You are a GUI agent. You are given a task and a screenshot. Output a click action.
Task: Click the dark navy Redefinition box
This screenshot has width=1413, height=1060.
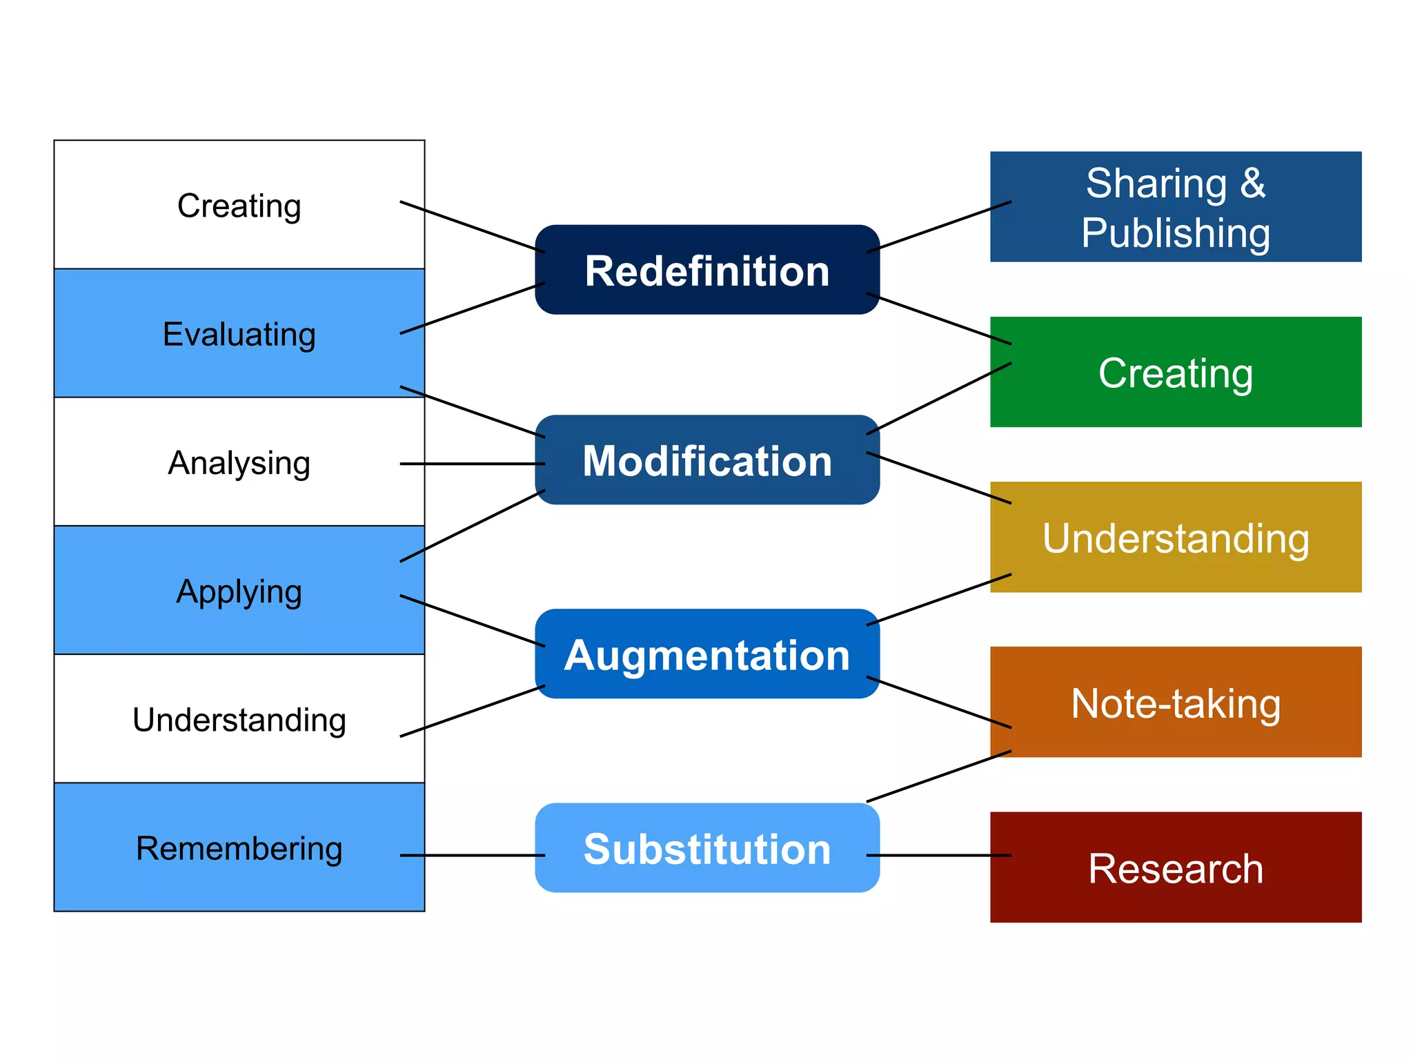[706, 270]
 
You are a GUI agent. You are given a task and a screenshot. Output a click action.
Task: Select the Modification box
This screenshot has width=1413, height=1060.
[706, 460]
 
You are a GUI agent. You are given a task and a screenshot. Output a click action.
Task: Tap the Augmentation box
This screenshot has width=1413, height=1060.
[706, 654]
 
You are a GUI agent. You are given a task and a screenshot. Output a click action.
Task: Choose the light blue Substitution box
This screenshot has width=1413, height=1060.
[706, 847]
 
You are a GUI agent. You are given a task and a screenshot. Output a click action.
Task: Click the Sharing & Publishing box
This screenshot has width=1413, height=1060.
[1175, 206]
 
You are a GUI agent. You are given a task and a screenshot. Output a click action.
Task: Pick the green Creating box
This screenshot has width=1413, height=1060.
[1175, 372]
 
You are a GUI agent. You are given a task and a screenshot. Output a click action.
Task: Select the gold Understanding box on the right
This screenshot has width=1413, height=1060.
[1175, 537]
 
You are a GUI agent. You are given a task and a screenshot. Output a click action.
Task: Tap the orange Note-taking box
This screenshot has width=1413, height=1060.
[1175, 702]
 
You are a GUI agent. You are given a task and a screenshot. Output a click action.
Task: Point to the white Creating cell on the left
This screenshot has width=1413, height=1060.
[239, 205]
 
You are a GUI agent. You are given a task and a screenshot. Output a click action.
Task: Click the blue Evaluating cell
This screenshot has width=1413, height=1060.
[239, 333]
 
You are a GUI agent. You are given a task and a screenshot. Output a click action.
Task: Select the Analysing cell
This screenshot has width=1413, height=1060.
[239, 462]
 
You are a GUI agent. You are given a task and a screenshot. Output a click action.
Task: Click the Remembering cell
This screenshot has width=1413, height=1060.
[239, 847]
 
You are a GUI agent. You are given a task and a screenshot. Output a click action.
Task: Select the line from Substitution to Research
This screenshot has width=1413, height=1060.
[938, 855]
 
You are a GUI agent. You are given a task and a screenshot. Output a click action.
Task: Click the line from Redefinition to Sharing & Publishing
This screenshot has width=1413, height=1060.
[938, 226]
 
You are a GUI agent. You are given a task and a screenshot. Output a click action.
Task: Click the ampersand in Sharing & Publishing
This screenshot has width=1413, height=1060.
[1252, 184]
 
